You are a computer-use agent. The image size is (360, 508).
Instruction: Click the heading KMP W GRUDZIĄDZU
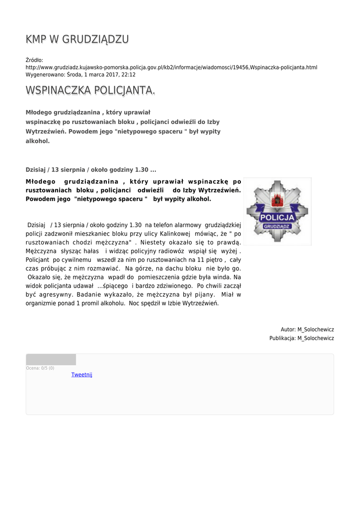pos(77,39)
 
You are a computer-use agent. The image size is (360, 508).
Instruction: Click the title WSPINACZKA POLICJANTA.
pos(90,90)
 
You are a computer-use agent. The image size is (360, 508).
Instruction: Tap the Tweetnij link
pos(82,375)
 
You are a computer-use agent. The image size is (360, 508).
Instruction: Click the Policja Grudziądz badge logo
pos(277,211)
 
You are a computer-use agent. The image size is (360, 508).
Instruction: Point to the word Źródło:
pos(34,60)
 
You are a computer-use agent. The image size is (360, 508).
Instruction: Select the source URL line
pos(171,67)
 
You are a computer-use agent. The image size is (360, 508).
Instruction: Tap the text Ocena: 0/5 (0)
pos(40,368)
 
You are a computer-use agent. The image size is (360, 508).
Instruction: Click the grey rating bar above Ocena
pos(51,360)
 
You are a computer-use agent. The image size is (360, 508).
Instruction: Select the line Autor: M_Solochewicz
pos(307,329)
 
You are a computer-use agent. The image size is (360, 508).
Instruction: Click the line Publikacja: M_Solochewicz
pos(301,338)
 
